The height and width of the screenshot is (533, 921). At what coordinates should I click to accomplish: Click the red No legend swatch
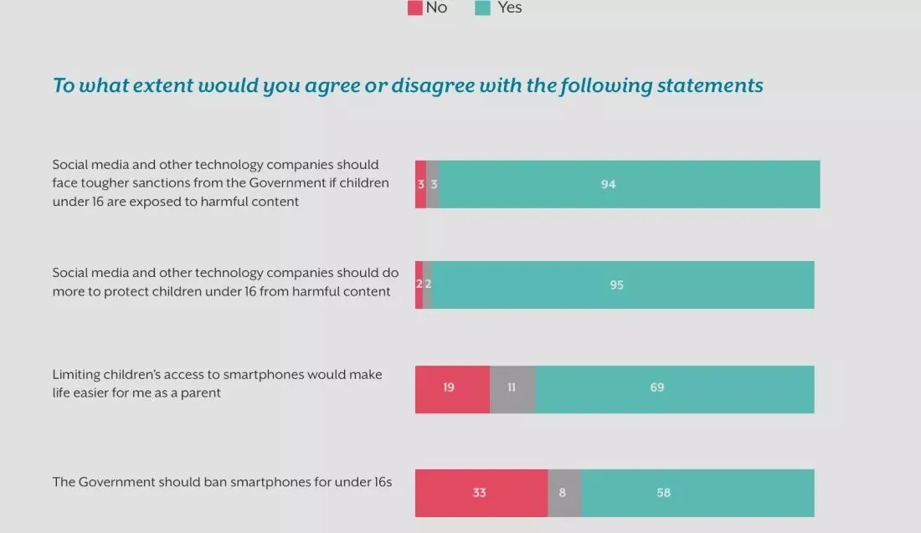click(415, 8)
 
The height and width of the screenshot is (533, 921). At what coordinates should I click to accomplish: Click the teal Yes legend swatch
click(483, 8)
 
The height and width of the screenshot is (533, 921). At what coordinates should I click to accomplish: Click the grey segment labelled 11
click(512, 388)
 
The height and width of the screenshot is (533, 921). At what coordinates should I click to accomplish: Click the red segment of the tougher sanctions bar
click(420, 184)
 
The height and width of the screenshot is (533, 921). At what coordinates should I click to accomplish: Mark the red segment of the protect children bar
click(419, 284)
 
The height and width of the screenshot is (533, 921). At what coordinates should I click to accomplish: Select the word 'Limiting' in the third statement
click(78, 374)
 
